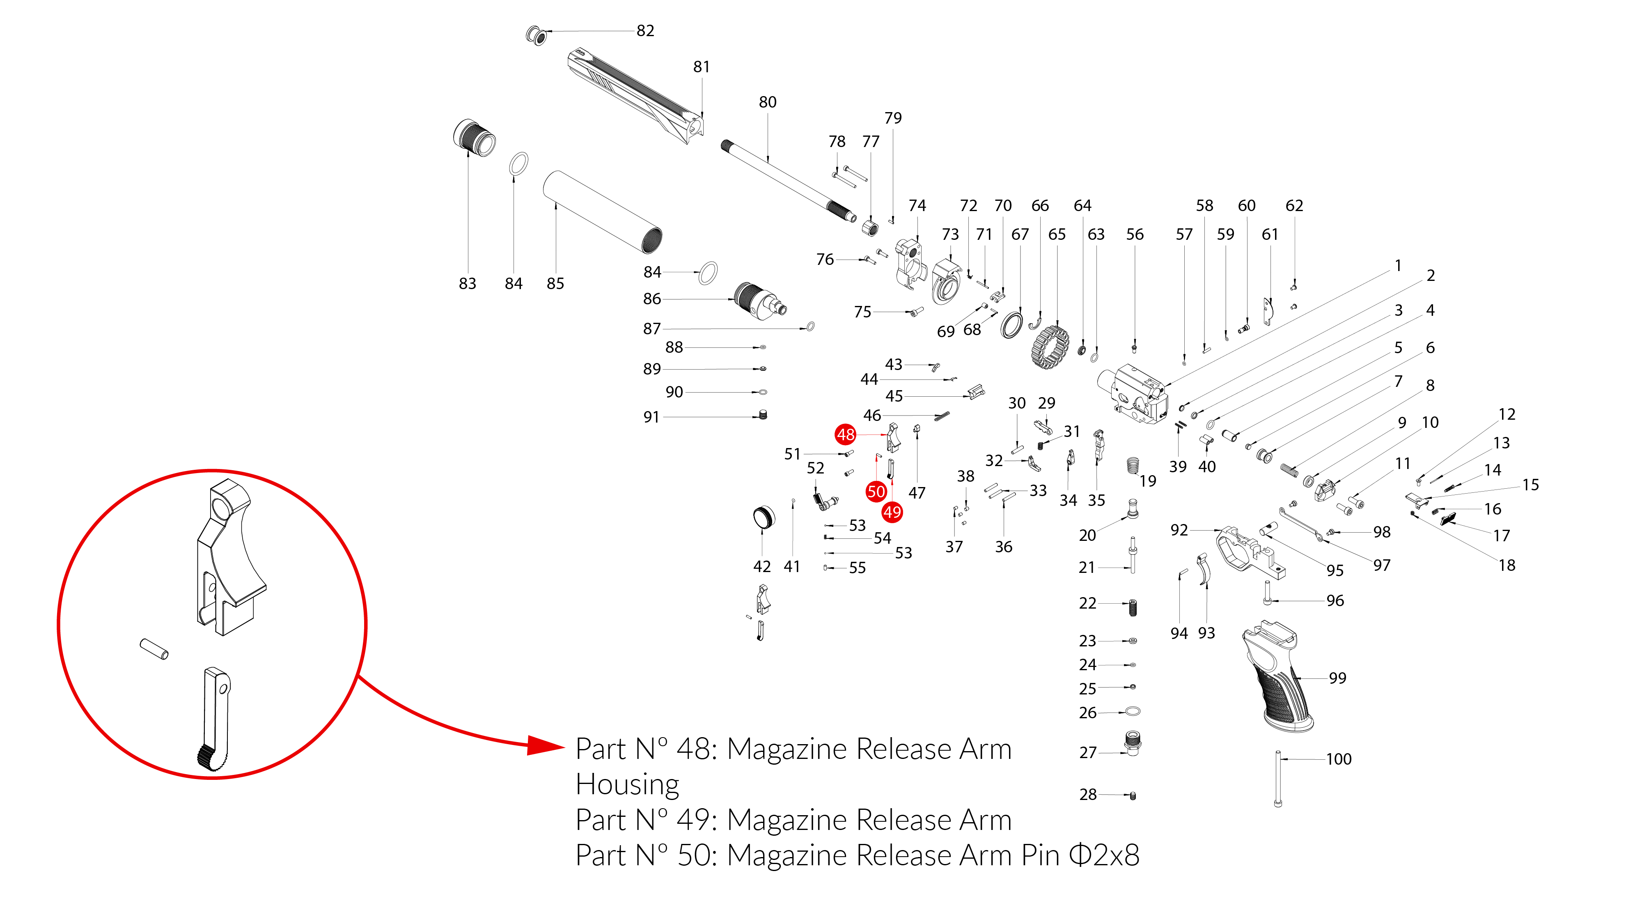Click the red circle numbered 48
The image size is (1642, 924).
point(845,435)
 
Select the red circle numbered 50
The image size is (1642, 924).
point(876,491)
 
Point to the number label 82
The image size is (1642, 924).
point(645,31)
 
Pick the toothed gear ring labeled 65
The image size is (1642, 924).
point(1049,347)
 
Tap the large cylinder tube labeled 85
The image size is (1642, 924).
point(602,212)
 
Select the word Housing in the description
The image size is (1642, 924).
point(627,784)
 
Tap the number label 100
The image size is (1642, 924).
point(1339,759)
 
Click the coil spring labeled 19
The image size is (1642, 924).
point(1133,466)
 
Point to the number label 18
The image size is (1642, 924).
point(1507,565)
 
